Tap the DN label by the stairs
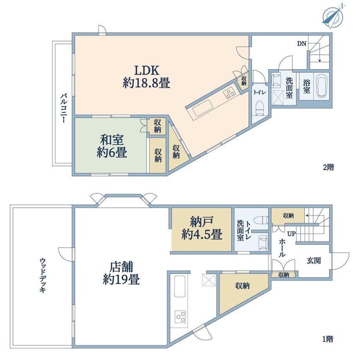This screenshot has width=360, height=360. coord(302,43)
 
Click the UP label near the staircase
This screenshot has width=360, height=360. coord(292,234)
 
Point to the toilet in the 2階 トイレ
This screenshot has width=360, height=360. coord(260,108)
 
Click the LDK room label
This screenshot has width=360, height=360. coord(146,77)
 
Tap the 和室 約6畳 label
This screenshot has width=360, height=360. coord(112,146)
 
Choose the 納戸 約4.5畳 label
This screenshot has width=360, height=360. coord(202,228)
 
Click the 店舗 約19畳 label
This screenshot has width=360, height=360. coord(121,273)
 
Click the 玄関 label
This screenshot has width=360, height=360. coord(313,261)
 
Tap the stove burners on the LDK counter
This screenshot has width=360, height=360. coord(229,93)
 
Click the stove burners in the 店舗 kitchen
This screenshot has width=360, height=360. coord(180,317)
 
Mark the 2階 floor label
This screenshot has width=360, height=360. coord(328,167)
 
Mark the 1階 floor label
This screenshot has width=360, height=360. coord(328,339)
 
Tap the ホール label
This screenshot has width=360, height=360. coord(282,248)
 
